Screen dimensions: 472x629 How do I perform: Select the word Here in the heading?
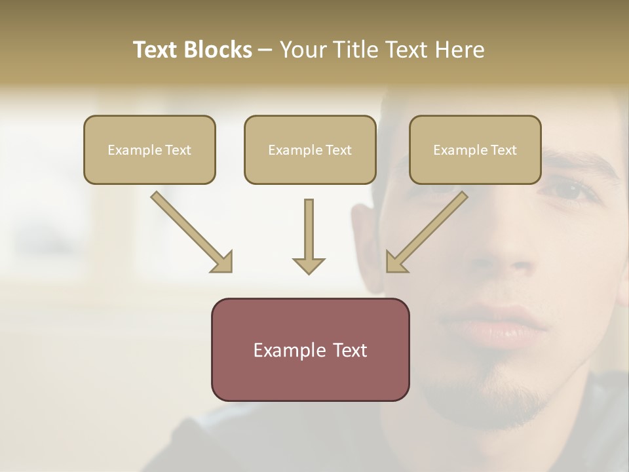tap(459, 50)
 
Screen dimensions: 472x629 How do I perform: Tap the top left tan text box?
tap(149, 149)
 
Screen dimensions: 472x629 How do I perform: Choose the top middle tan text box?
tap(310, 149)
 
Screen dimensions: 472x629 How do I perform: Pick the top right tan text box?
tap(475, 149)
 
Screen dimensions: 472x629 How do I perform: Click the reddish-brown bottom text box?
tap(310, 349)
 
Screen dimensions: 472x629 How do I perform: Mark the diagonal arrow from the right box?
tap(427, 231)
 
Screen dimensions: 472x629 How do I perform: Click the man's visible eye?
tap(567, 189)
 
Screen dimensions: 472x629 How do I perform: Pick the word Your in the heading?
tap(303, 50)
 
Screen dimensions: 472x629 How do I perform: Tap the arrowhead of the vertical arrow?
tap(309, 265)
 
